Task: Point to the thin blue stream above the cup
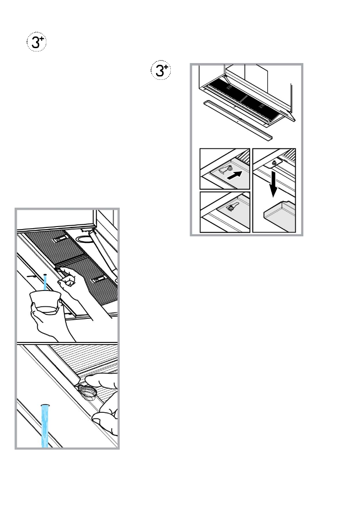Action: (45, 282)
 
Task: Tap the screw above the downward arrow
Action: (272, 163)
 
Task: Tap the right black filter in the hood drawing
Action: (261, 103)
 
